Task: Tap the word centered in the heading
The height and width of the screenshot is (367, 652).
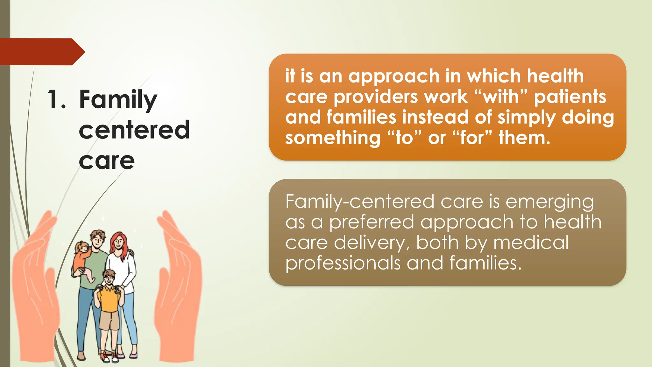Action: click(x=134, y=130)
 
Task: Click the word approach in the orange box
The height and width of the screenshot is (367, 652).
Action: click(x=393, y=76)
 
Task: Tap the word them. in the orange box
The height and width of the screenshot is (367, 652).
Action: click(x=524, y=138)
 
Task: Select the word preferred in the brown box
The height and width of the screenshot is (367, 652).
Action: click(x=371, y=223)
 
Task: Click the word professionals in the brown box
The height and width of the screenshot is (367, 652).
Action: click(x=342, y=263)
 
